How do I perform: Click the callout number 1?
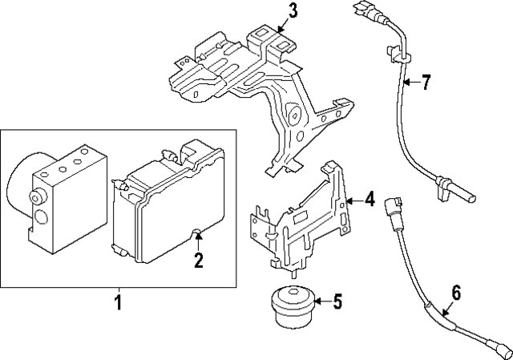[119, 304]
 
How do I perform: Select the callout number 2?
[198, 259]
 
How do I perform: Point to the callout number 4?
[370, 199]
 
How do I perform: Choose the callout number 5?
[337, 302]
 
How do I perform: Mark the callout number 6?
[455, 293]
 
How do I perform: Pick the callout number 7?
[426, 82]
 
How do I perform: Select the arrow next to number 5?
[321, 302]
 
